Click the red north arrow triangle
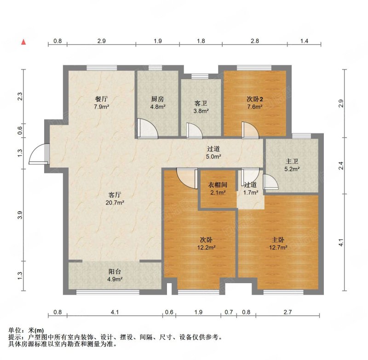tap(23, 42)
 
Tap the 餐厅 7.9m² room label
tap(101, 103)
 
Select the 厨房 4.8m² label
tap(157, 103)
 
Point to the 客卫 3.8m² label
tap(201, 107)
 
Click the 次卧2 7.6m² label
tap(255, 103)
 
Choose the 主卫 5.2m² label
tap(292, 165)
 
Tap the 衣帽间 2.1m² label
tap(218, 189)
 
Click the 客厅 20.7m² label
tap(115, 198)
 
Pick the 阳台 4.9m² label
tap(115, 275)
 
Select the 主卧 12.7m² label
tap(278, 244)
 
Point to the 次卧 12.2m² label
tap(206, 244)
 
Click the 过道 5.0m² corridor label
tap(213, 152)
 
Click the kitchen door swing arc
tap(147, 128)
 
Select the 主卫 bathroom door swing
tap(270, 181)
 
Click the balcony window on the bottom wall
tap(108, 292)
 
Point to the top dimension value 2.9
tap(101, 41)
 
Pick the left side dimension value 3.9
tap(20, 215)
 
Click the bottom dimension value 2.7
tap(287, 312)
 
